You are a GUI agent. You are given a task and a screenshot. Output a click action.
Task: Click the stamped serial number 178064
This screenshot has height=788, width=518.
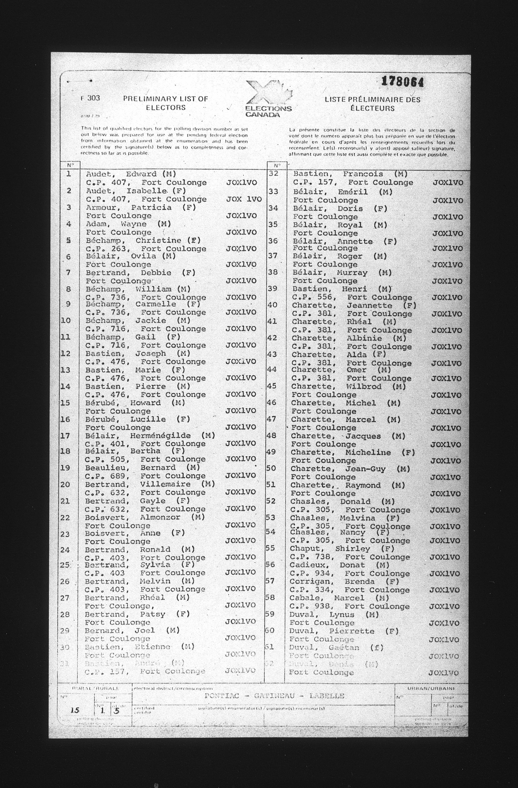click(402, 81)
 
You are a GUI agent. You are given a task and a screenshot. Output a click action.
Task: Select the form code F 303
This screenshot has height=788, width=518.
click(90, 98)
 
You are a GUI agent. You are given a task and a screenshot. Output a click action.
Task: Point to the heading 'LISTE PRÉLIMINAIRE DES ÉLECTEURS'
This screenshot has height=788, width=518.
click(372, 104)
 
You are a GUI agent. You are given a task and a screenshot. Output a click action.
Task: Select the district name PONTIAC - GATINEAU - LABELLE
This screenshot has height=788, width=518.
click(275, 696)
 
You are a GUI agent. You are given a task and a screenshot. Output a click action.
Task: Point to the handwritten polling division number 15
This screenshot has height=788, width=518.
click(75, 711)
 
